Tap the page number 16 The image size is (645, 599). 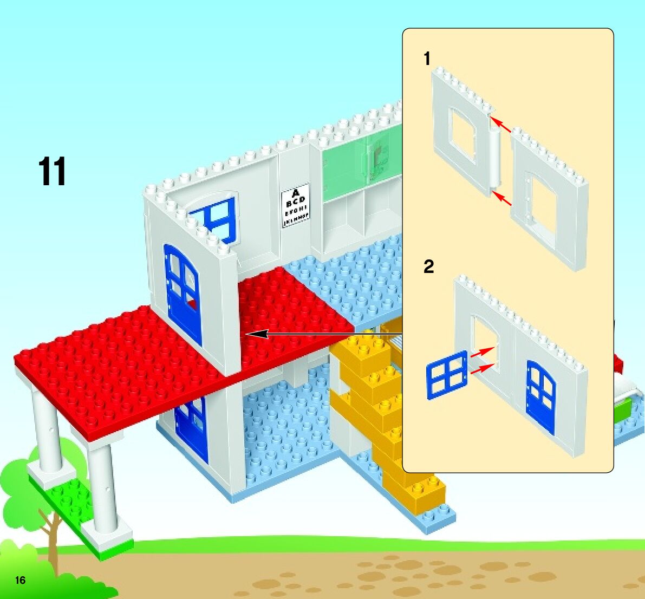(20, 581)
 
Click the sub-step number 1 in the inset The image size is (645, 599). (427, 58)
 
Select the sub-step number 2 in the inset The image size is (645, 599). (428, 266)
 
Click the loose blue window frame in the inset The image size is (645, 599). (447, 375)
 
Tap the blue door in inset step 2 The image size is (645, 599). (541, 397)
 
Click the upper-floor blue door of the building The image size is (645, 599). (183, 294)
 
